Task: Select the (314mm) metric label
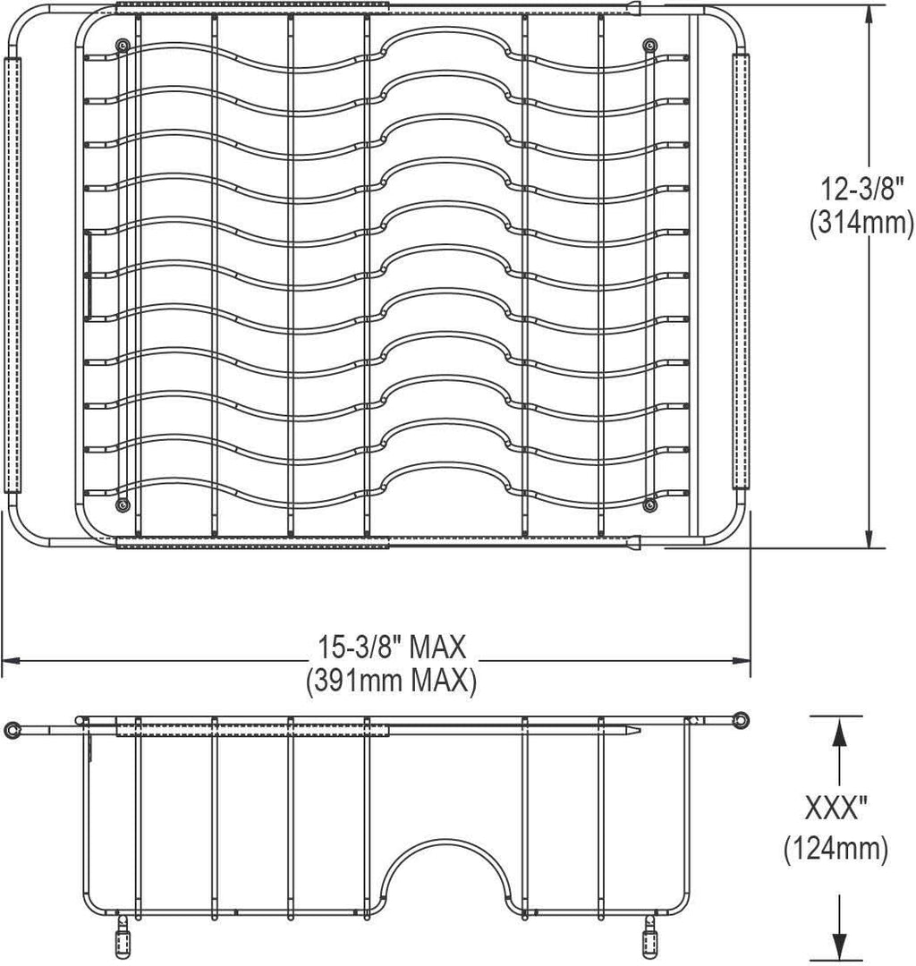[x=861, y=224]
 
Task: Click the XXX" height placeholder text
[x=836, y=810]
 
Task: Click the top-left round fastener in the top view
[x=122, y=44]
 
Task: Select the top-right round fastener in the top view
[x=649, y=44]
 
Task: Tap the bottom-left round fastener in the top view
[x=122, y=506]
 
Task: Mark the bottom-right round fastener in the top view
[x=649, y=506]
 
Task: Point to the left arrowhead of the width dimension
[x=10, y=661]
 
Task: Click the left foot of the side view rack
[x=122, y=939]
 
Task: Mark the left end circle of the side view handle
[x=11, y=730]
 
